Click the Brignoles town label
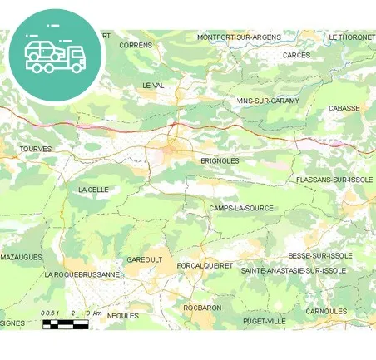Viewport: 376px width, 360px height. click(x=220, y=160)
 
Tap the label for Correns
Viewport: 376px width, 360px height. click(x=136, y=45)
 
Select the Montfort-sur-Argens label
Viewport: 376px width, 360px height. click(x=240, y=37)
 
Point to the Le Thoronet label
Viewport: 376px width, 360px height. click(x=352, y=37)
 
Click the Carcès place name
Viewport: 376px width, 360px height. click(x=296, y=56)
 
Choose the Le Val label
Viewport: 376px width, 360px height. click(x=154, y=86)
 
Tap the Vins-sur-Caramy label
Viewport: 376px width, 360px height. click(x=267, y=101)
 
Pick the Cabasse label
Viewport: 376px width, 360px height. click(x=344, y=108)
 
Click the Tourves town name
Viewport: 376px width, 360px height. click(x=35, y=149)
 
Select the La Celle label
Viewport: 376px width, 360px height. click(x=93, y=190)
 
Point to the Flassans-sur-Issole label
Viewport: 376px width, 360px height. click(x=334, y=180)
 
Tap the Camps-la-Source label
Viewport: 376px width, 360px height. click(x=241, y=208)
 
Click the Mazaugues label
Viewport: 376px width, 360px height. click(x=21, y=258)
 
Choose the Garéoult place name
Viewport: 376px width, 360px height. click(x=144, y=259)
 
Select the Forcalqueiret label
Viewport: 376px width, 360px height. click(x=205, y=265)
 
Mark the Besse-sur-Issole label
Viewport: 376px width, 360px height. click(x=320, y=255)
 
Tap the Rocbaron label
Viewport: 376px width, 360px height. click(x=202, y=308)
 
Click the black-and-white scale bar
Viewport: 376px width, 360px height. click(x=65, y=323)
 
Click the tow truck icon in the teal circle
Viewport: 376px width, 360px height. click(x=55, y=56)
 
